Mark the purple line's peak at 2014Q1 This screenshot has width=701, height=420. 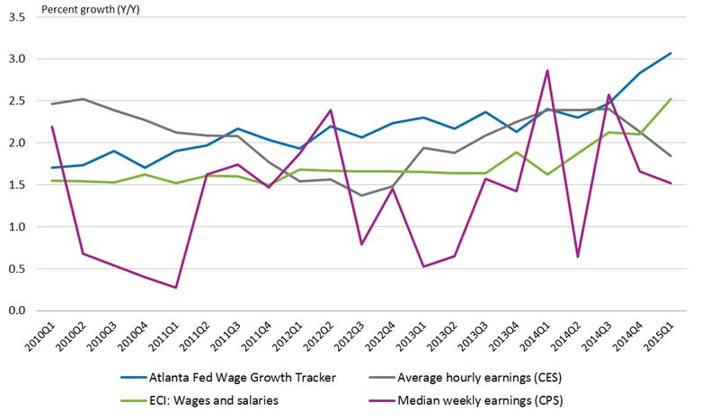547,70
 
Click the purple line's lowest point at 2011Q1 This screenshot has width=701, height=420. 176,287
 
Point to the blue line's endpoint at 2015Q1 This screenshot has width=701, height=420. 670,53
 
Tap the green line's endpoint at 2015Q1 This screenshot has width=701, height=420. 670,100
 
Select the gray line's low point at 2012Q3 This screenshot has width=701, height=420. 362,196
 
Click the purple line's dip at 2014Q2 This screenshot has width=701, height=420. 578,257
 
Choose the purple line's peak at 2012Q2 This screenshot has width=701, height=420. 332,110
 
